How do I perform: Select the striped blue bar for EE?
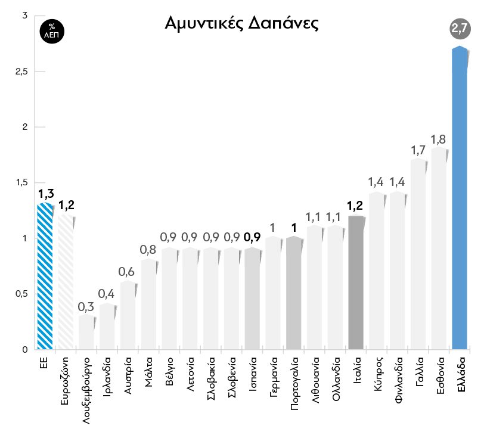point(45,277)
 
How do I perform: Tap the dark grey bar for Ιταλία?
point(356,283)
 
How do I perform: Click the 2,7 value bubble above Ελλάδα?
point(460,28)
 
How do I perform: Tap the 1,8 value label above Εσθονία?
point(439,139)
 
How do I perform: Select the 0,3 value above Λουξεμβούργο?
point(86,307)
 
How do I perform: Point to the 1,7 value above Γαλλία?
point(418,150)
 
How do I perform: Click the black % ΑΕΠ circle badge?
point(52,30)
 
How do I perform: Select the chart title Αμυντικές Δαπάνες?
point(241,23)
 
